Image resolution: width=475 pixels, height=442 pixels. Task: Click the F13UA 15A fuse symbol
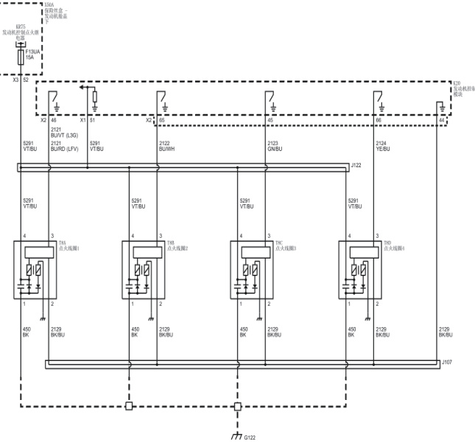coord(21,57)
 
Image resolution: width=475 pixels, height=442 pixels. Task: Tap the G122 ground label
coord(250,437)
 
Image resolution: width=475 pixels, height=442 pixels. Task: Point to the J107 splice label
coord(446,362)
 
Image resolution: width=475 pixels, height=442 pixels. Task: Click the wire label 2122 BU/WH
coord(167,146)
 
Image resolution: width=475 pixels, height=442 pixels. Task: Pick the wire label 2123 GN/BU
coord(275,146)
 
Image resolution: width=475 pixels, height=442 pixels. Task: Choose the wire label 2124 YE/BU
coord(383,146)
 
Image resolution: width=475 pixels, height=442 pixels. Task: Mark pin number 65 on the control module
coord(162,120)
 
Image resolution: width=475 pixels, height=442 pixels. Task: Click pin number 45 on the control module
coord(270,120)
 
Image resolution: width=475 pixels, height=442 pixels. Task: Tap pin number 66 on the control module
coord(379,120)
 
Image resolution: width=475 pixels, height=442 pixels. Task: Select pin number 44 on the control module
coord(441,120)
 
